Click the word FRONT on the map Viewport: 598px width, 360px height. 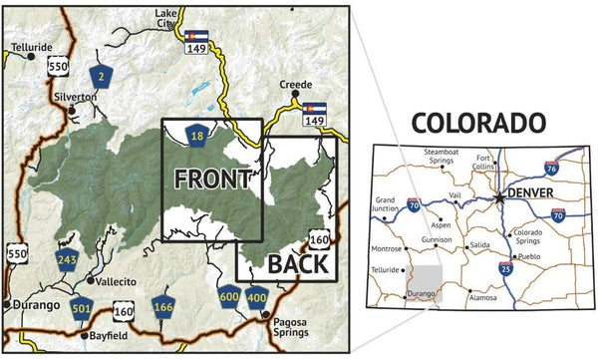tap(211, 180)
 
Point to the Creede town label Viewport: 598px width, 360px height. tap(295, 85)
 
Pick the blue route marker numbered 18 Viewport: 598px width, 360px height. tap(198, 135)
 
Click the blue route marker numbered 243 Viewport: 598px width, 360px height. tap(68, 260)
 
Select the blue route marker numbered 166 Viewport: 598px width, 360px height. tap(163, 306)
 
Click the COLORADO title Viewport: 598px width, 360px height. tap(479, 123)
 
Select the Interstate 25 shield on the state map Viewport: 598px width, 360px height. tap(506, 268)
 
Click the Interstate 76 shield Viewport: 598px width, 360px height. tap(579, 170)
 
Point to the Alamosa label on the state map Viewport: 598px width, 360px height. tap(483, 297)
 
